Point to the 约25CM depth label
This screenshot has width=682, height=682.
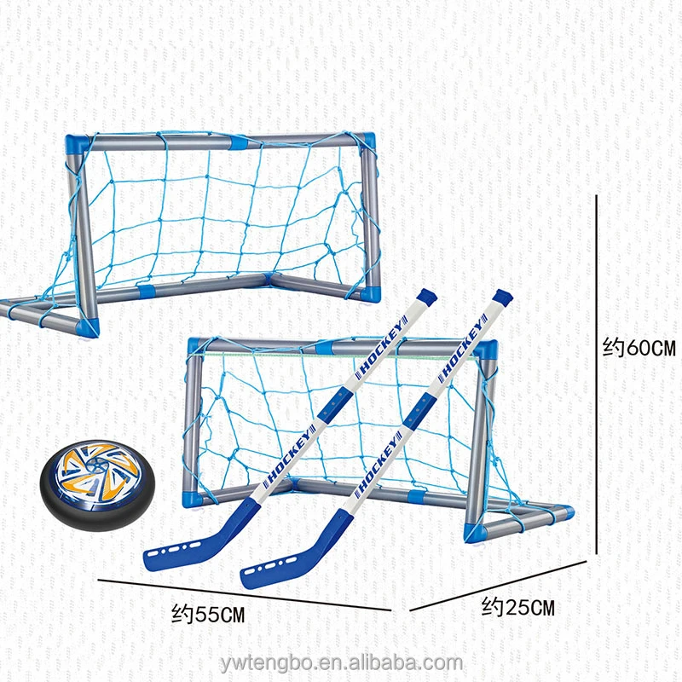tap(517, 608)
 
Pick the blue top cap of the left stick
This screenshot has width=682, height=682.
tap(426, 295)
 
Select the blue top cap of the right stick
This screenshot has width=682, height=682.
tap(502, 298)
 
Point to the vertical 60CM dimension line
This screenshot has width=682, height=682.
tap(597, 375)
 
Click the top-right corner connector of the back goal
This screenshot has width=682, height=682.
tap(367, 142)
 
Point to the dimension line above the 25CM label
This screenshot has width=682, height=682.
tap(499, 585)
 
